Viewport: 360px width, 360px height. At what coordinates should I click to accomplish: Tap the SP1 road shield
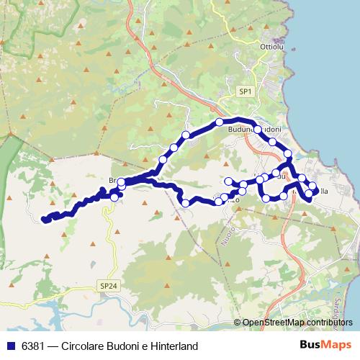246,91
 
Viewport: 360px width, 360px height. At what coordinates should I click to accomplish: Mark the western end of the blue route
45,218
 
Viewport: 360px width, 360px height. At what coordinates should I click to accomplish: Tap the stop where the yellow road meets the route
114,197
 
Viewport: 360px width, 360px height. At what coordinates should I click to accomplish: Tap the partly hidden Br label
112,179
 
